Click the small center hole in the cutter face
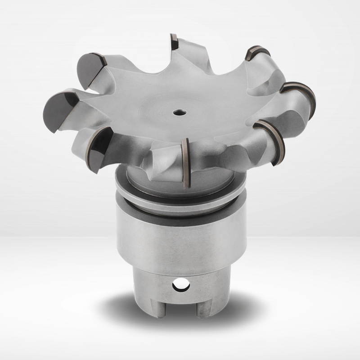pos(179,112)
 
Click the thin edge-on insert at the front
pos(185,162)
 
